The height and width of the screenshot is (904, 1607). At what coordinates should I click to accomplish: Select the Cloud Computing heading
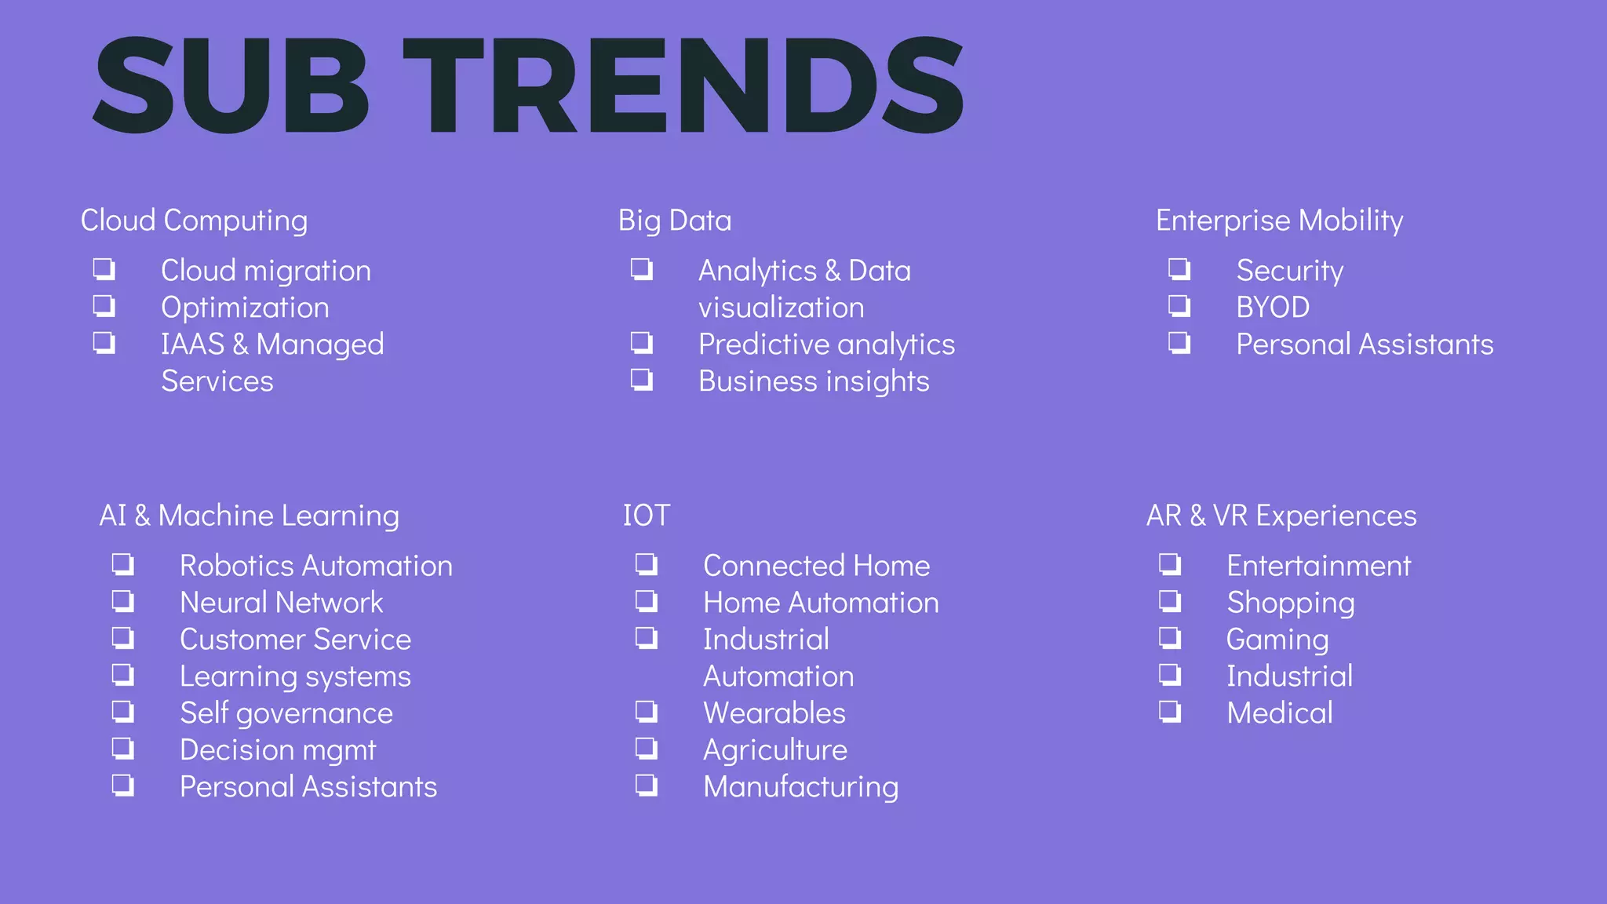pos(194,221)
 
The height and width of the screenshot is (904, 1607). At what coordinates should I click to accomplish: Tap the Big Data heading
pos(674,221)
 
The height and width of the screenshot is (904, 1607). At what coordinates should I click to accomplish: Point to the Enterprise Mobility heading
pos(1279,221)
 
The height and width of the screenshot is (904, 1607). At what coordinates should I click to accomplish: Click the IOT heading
pos(646,516)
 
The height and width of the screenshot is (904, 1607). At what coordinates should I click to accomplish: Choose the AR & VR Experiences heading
pos(1281,516)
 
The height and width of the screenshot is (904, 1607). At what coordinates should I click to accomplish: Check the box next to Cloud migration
pos(104,269)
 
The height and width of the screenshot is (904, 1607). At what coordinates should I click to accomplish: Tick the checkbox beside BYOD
pos(1179,305)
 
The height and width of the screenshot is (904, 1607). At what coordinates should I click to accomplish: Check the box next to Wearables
pos(647,712)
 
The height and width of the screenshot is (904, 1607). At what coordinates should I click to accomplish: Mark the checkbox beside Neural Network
pos(123,601)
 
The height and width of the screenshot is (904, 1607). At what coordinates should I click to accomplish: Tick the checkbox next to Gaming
pos(1170,638)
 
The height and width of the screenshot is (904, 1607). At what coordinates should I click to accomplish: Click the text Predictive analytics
pos(826,344)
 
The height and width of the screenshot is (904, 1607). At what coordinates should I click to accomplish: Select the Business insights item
pos(814,381)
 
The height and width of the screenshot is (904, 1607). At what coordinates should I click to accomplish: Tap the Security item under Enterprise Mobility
pos(1289,271)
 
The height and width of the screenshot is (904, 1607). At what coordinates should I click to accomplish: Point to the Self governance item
pos(286,713)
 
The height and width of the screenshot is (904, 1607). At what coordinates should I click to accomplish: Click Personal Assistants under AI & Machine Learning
pos(308,787)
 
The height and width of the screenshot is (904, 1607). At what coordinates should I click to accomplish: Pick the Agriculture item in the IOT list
pos(774,750)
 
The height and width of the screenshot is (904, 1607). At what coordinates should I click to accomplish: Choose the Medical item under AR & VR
pos(1279,713)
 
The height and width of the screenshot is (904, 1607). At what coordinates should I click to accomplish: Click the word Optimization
pos(245,308)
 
